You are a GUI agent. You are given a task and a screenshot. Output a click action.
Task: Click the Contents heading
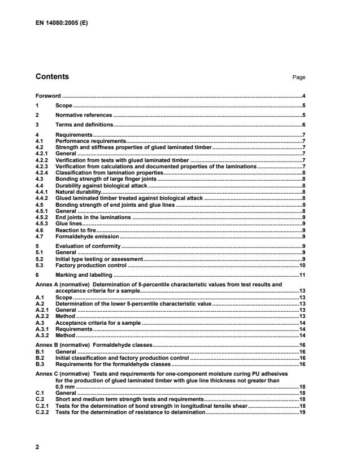coord(53,76)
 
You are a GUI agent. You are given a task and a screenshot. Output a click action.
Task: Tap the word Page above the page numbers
coord(299,77)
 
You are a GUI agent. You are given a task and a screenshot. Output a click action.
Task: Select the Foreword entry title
coord(48,96)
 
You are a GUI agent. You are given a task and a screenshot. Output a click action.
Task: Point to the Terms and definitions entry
coord(84,124)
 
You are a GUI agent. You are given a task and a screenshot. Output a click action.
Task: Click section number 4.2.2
coord(42,160)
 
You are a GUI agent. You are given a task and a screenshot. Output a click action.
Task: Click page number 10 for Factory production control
coord(302,265)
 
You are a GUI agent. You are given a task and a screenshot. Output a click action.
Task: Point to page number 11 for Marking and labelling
coord(302,275)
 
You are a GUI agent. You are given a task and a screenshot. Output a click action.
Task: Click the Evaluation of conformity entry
coord(88,246)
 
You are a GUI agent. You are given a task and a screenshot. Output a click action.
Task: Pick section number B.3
coord(40,364)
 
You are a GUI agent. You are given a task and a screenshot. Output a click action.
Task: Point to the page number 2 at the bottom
coord(37,447)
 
